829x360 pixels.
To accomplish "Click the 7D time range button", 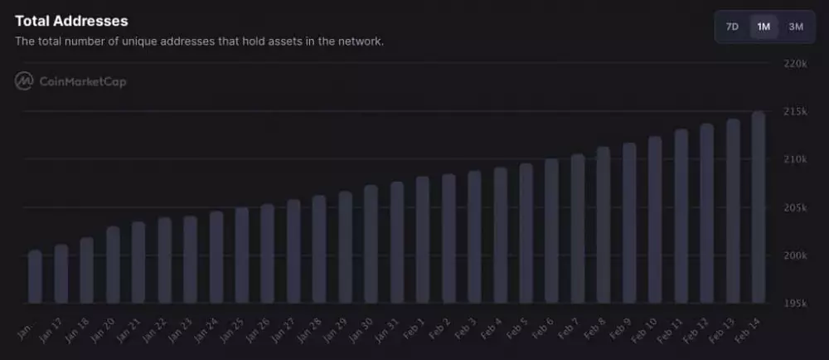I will (732, 27).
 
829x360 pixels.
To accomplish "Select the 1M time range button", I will (764, 27).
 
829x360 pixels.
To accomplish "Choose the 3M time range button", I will (796, 27).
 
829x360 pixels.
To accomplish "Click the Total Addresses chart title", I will (71, 20).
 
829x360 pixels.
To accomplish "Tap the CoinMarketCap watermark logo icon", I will (24, 81).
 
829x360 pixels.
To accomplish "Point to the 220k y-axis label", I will (794, 63).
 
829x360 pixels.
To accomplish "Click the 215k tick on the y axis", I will (794, 111).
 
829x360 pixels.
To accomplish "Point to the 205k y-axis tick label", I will (794, 207).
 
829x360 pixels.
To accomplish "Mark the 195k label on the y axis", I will (794, 304).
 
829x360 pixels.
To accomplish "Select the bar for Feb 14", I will (758, 207).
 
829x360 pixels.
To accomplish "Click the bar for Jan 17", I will (61, 274).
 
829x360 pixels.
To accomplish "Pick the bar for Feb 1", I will (423, 240).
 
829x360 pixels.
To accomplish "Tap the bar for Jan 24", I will (216, 257).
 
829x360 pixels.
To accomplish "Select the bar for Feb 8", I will (604, 225).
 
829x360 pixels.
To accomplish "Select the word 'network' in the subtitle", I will (361, 41).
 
